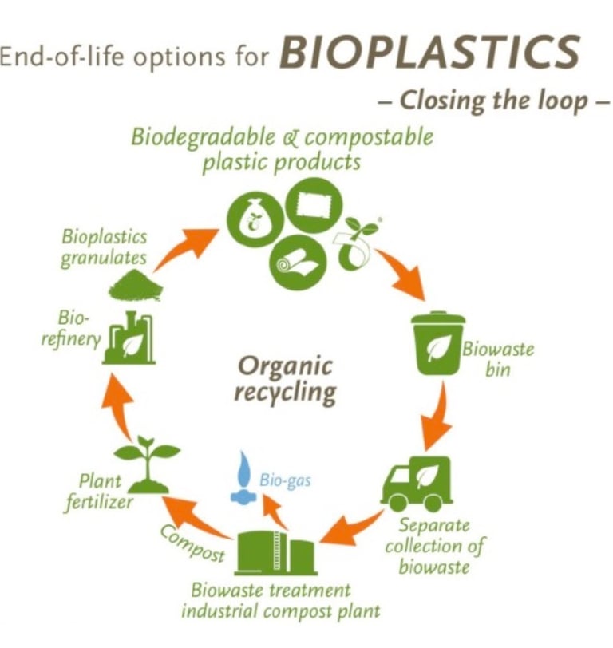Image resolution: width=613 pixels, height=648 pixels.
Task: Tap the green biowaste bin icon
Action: point(437,343)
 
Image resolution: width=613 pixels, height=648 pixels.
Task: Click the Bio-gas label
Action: point(284,480)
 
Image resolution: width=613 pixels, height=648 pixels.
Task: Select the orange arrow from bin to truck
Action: point(435,419)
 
